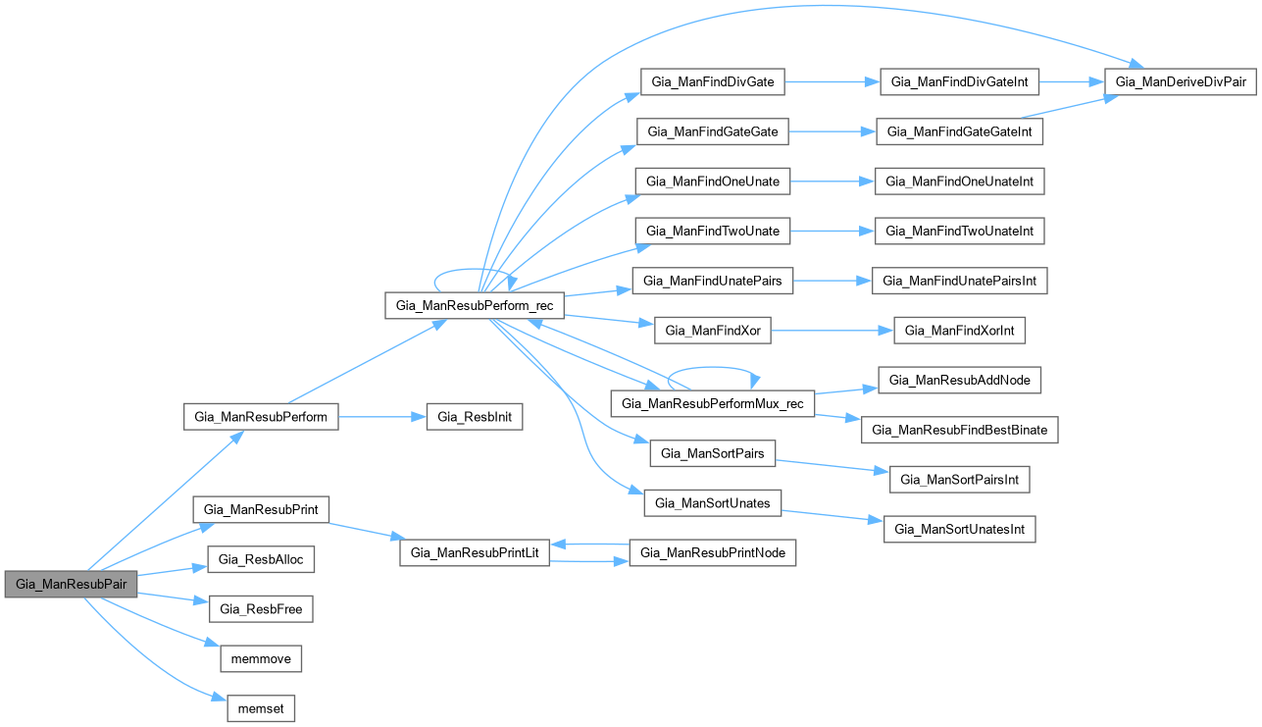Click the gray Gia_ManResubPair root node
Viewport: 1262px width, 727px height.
click(71, 583)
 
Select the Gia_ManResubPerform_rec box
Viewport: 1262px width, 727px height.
click(475, 305)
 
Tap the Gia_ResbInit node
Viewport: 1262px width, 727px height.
click(475, 417)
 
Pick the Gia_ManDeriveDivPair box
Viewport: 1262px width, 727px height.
click(1181, 82)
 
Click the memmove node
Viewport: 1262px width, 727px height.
click(261, 658)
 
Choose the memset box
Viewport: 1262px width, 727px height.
click(261, 708)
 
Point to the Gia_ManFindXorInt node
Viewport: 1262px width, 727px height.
click(960, 331)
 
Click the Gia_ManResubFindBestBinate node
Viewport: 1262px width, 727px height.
click(960, 430)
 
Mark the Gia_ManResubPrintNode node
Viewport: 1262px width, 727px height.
click(712, 553)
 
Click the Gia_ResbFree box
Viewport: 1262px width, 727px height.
click(261, 609)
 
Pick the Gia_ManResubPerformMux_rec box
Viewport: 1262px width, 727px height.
click(713, 403)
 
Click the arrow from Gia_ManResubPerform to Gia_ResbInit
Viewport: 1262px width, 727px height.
click(382, 417)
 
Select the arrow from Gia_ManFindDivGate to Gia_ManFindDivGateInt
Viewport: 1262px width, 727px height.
click(832, 82)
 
